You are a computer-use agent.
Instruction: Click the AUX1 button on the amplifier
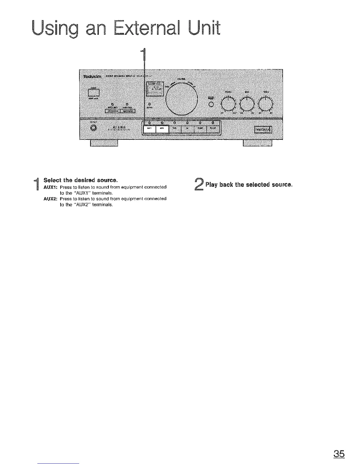[x=149, y=129]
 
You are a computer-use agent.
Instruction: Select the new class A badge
[x=264, y=130]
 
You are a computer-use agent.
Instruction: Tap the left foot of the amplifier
[x=104, y=143]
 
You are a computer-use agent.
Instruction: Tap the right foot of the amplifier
[x=258, y=143]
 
